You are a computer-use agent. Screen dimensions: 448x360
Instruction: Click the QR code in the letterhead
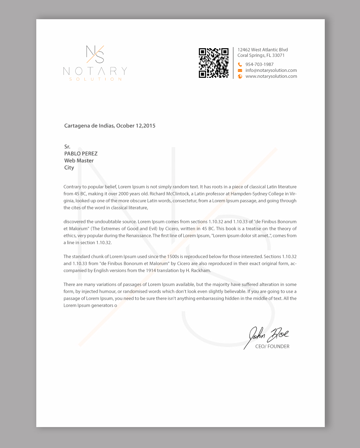[x=213, y=63]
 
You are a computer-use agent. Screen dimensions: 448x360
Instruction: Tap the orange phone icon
[x=240, y=65]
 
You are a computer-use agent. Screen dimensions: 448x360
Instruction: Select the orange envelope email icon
[x=240, y=70]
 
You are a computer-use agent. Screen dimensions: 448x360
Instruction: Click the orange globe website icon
[x=240, y=76]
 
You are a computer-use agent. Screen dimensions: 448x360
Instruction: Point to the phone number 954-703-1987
[x=260, y=65]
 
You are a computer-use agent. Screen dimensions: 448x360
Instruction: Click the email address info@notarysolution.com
[x=271, y=70]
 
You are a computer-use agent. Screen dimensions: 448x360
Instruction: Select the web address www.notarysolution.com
[x=271, y=76]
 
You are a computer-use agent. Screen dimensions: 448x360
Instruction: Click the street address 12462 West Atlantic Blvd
[x=263, y=50]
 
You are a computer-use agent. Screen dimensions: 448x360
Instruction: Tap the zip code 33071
[x=278, y=55]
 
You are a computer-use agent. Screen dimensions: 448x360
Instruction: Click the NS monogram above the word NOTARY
[x=95, y=54]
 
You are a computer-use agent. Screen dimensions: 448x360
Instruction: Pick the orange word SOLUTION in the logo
[x=95, y=79]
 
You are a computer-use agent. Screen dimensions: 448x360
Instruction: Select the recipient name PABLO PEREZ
[x=81, y=154]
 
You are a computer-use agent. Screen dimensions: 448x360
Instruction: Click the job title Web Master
[x=79, y=161]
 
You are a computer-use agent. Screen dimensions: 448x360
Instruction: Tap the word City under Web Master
[x=69, y=168]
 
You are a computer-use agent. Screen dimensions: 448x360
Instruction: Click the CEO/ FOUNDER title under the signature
[x=272, y=346]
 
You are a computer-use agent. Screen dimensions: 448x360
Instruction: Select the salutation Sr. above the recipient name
[x=67, y=147]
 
